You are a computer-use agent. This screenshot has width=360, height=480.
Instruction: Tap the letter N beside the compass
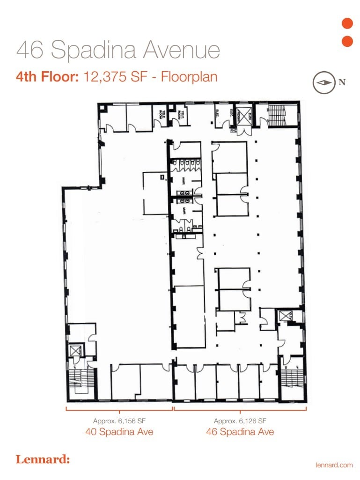[342, 82]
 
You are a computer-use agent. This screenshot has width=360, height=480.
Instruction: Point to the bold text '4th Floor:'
[47, 76]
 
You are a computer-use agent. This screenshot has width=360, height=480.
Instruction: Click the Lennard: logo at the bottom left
[43, 459]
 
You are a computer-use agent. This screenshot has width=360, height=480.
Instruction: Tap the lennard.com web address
[334, 465]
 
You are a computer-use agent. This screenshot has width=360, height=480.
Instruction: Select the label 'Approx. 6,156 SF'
[119, 421]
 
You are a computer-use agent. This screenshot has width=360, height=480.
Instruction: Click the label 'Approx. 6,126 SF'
[240, 421]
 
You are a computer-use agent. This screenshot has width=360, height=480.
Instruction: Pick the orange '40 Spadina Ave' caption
[119, 432]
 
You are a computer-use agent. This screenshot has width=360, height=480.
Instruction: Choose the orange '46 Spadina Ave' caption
[240, 432]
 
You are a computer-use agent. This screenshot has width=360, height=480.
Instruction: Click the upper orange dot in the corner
[347, 23]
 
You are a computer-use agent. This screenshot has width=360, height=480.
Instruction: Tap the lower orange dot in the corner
[347, 41]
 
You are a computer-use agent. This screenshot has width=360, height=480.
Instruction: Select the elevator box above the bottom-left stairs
[75, 350]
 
